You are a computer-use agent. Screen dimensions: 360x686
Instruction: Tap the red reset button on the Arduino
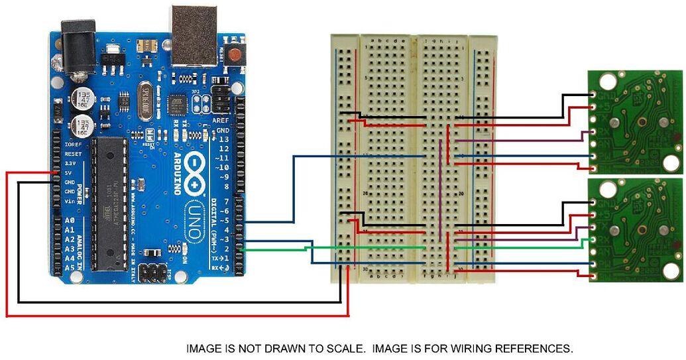[234, 55]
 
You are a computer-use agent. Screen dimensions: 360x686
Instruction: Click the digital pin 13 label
[223, 140]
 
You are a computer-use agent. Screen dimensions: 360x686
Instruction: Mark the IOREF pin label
[72, 144]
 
